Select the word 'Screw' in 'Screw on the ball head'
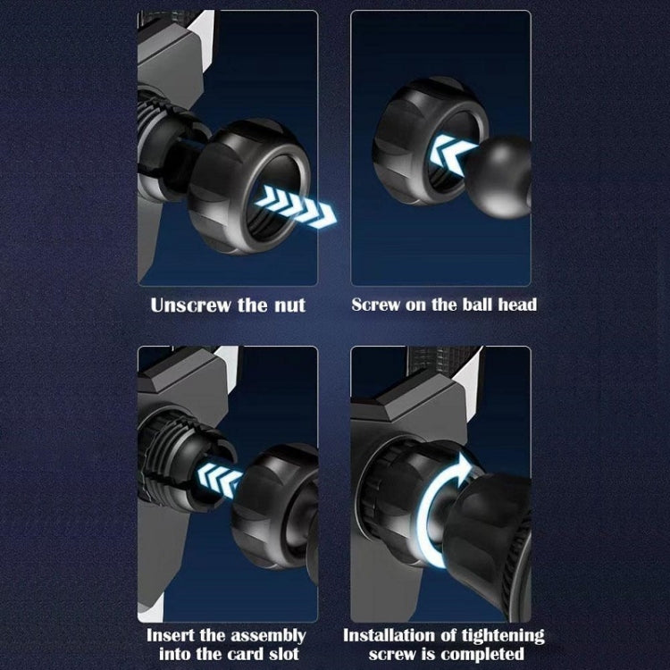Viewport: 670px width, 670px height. coord(376,305)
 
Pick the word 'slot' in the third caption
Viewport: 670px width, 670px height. coord(284,654)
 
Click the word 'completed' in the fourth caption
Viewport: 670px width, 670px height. coord(482,655)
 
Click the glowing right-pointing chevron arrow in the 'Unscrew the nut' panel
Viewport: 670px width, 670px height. coord(297,206)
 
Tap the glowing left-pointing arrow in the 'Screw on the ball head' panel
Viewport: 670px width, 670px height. coord(453,153)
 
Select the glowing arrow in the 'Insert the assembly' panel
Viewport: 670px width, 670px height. coord(220,481)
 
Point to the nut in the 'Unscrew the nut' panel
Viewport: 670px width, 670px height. coord(249,187)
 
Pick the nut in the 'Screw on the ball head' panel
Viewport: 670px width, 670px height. coord(430,141)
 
